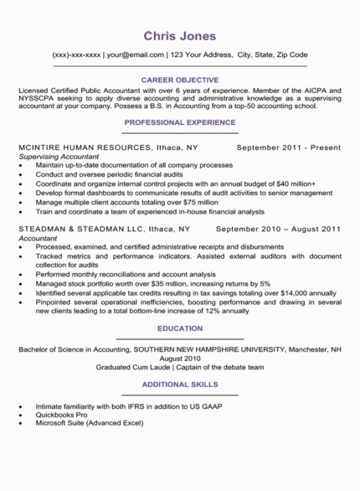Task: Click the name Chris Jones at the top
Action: (x=180, y=36)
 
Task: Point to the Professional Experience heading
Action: (x=180, y=121)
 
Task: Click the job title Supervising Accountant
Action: (x=57, y=157)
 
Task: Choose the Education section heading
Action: (x=180, y=328)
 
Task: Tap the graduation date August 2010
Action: (x=180, y=355)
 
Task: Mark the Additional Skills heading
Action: (x=180, y=385)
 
